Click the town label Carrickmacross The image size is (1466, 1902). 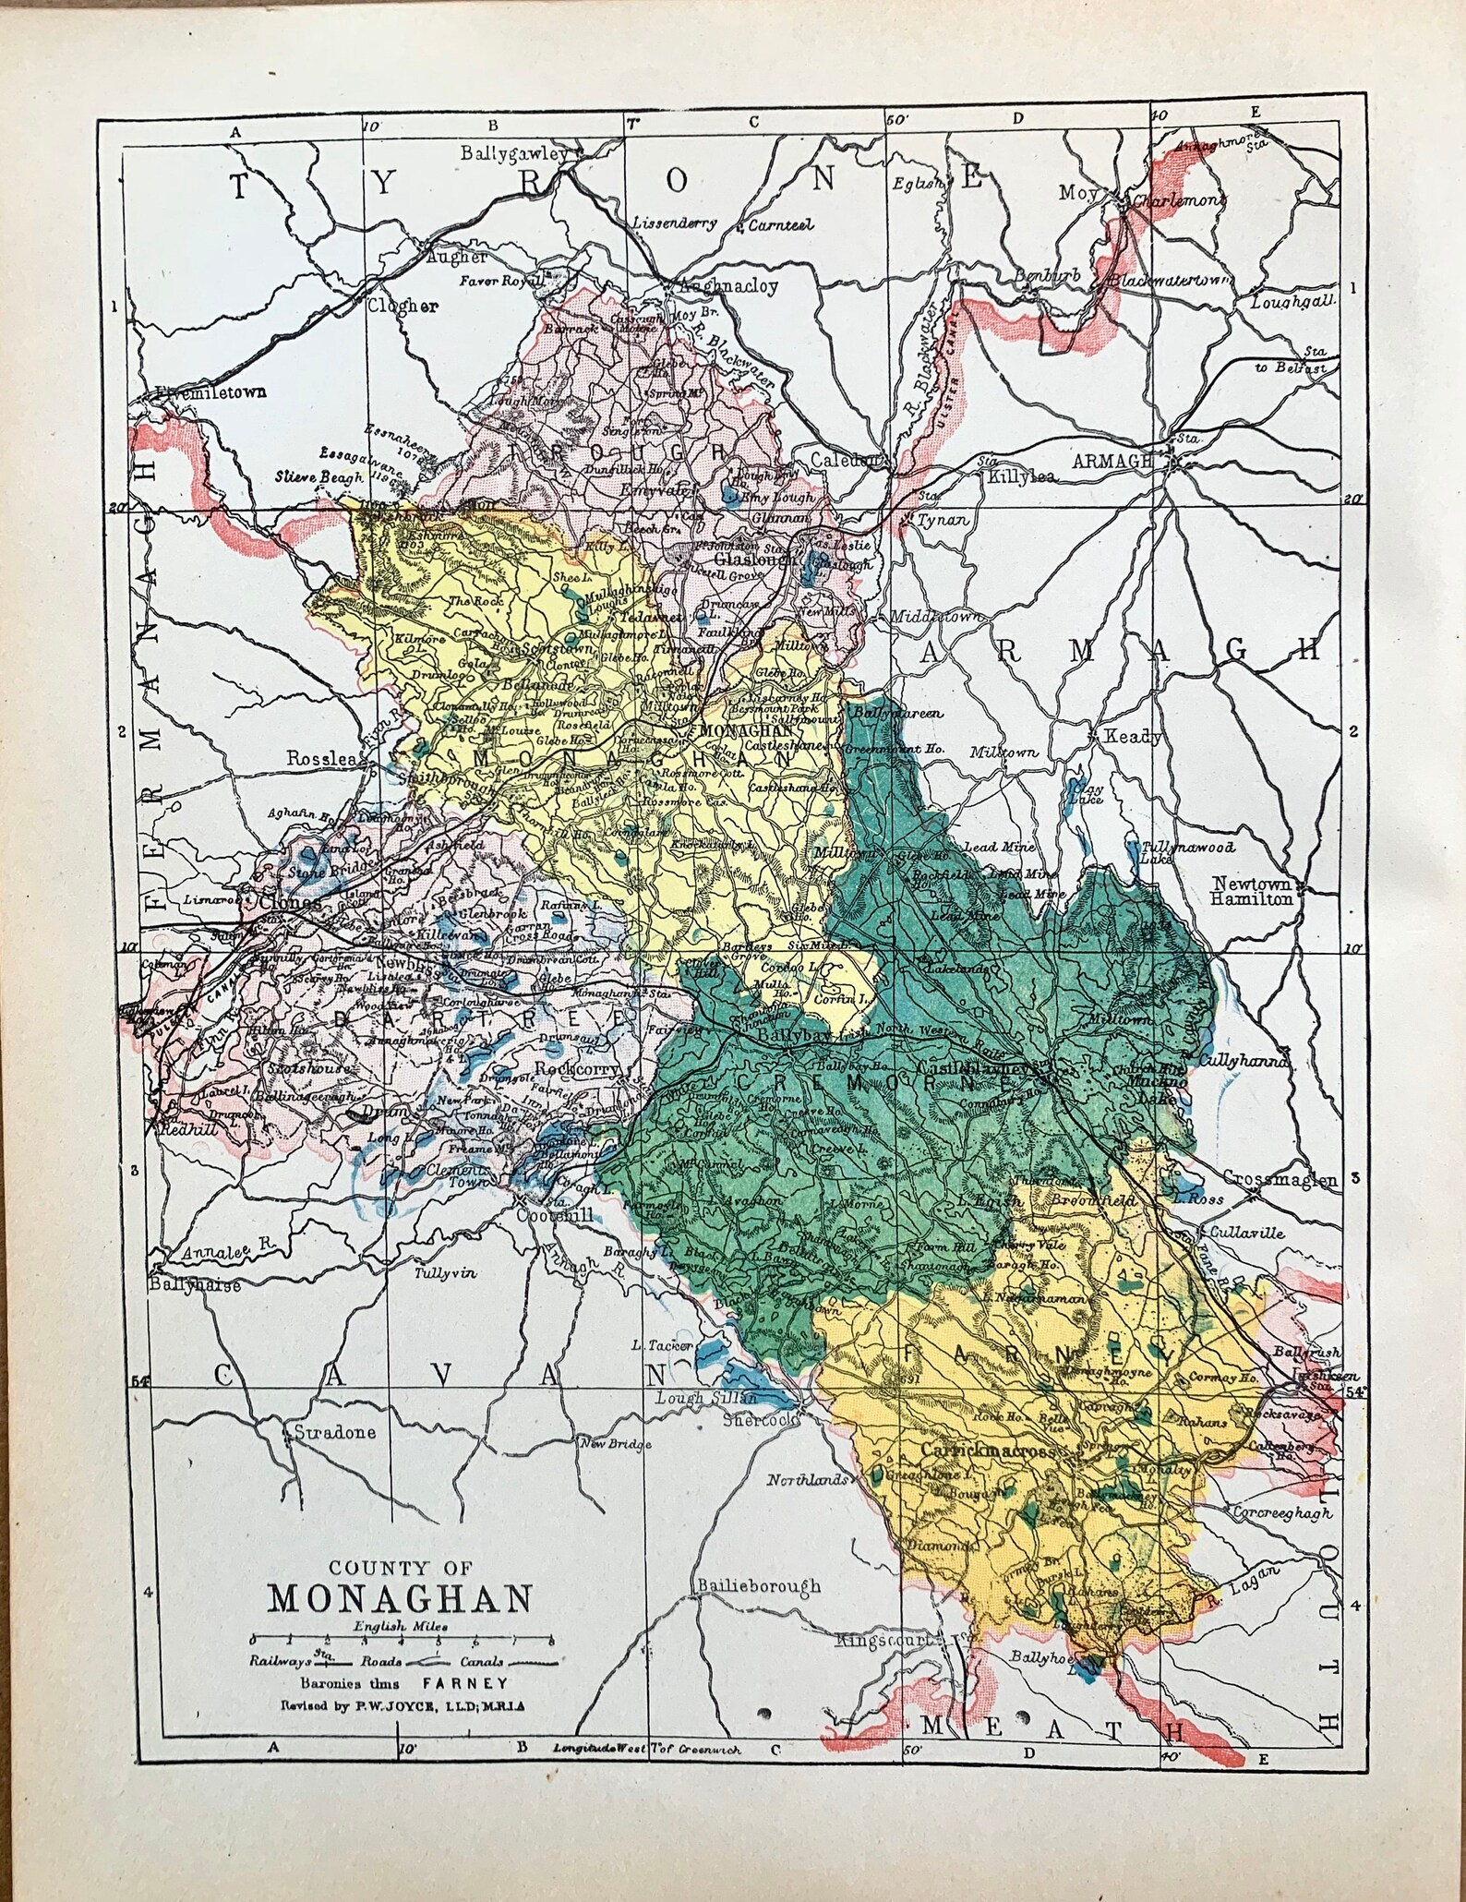[987, 1477]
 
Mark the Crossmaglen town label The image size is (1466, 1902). [1280, 1179]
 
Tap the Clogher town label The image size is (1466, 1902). [403, 307]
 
